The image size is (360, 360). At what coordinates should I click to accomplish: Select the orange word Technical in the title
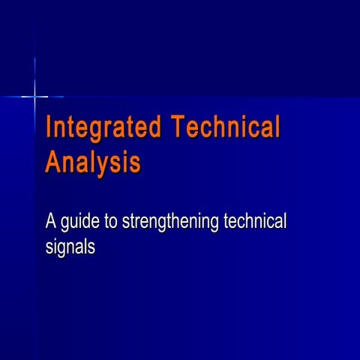(226, 127)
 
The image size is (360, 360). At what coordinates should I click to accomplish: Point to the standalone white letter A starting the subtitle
(52, 222)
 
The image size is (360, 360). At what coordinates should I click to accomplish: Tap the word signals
(70, 247)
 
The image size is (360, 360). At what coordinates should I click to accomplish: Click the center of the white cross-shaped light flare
(34, 96)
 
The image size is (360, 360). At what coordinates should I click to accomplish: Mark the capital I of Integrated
(49, 127)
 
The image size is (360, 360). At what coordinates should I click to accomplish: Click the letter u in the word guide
(76, 223)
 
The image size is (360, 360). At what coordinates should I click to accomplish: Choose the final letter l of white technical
(286, 222)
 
